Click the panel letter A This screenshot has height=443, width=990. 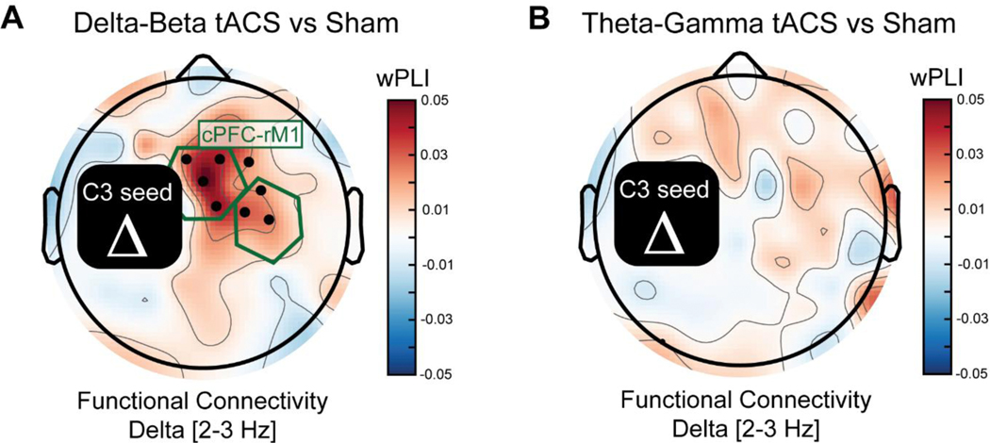[x=16, y=18]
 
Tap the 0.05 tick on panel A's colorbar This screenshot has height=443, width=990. [x=447, y=98]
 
